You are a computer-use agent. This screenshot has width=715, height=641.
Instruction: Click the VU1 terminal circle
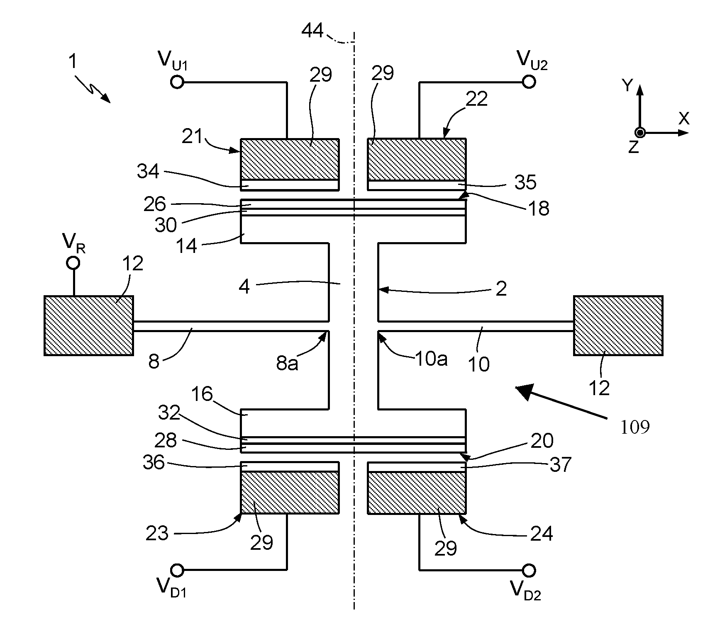click(x=177, y=83)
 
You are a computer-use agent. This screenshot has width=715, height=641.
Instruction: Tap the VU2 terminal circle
click(x=529, y=82)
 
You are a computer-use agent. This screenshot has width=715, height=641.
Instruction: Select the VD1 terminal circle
click(x=177, y=570)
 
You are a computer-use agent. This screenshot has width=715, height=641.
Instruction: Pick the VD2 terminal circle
click(x=529, y=570)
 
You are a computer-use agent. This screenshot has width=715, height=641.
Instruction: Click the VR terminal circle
click(x=74, y=262)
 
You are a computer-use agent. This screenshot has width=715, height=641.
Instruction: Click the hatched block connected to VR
click(x=89, y=325)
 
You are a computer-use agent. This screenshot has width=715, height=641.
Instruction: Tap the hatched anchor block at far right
click(x=618, y=325)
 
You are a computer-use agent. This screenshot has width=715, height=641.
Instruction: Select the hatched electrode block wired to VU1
click(x=290, y=159)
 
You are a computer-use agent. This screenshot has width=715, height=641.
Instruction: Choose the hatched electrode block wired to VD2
click(x=417, y=493)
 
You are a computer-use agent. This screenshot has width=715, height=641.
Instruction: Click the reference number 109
click(x=635, y=427)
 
